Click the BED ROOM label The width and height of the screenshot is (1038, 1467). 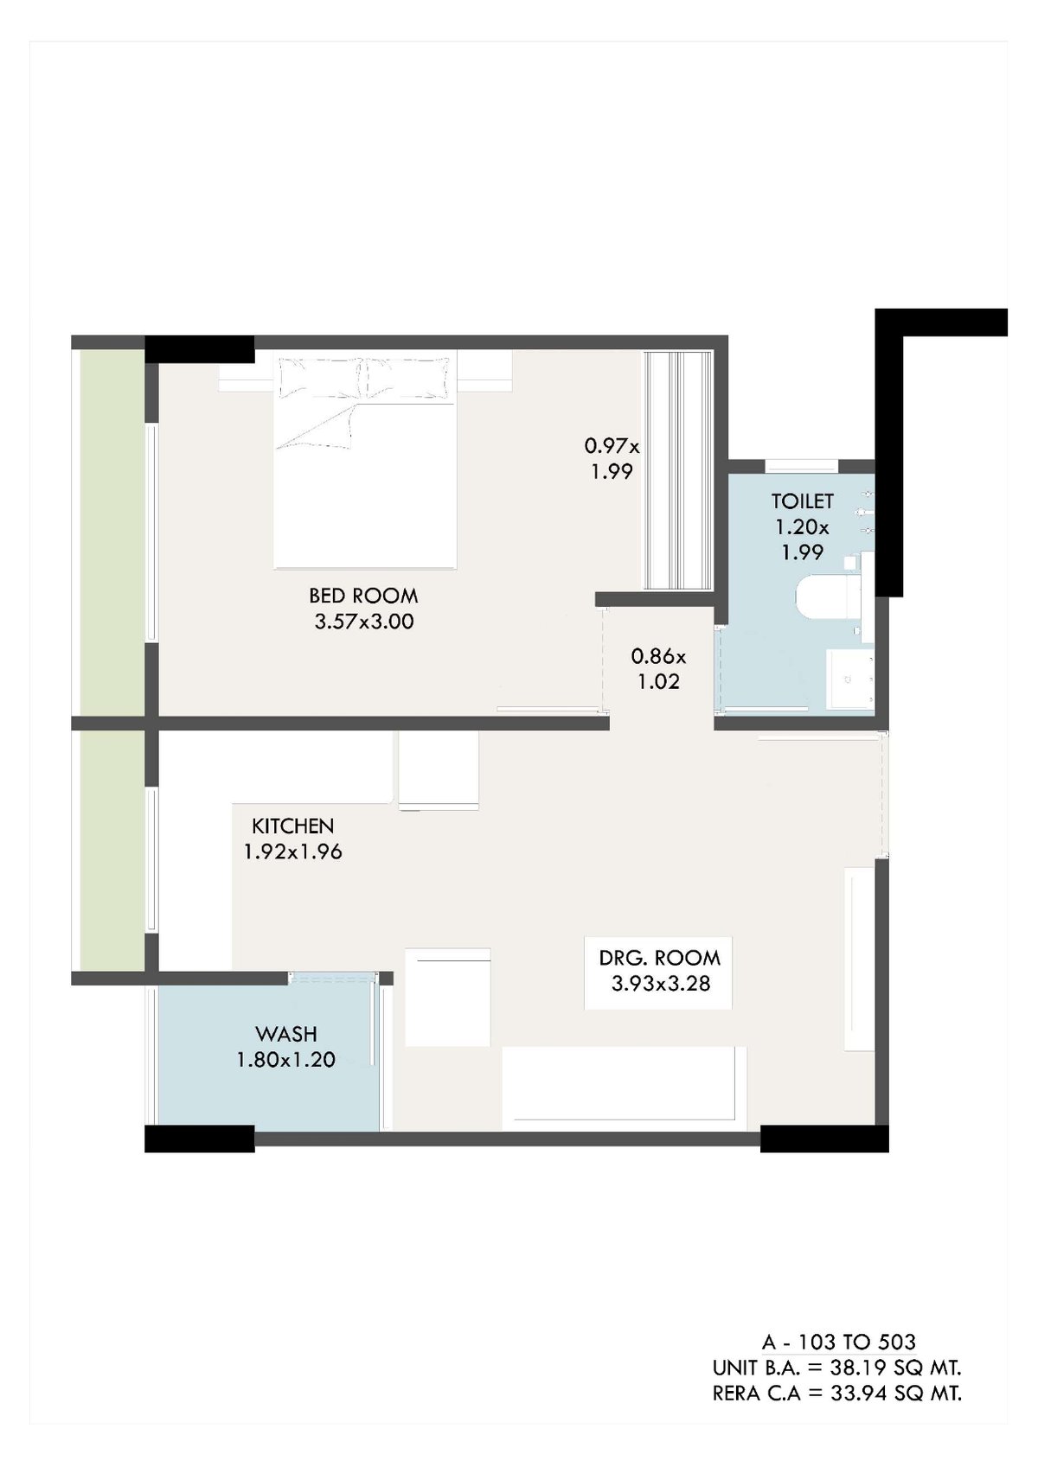coord(363,596)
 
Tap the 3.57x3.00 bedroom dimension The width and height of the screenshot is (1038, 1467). coord(363,621)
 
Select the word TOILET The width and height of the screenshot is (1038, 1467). coord(802,501)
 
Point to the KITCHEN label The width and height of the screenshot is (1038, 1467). coord(293,826)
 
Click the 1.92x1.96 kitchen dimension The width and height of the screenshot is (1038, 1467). coord(293,851)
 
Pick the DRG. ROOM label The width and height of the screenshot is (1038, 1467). coord(659,958)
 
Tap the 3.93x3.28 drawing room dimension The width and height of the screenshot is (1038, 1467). coord(661,983)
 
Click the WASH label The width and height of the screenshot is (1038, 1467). coord(286,1033)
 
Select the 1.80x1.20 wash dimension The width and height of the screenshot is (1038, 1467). coord(285,1059)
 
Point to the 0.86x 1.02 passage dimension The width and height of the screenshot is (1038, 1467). coord(658,668)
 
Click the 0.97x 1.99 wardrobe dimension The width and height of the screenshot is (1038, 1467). coord(612,458)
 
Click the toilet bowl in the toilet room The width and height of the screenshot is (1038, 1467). coord(829,596)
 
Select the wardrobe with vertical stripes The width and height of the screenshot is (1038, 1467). coord(678,470)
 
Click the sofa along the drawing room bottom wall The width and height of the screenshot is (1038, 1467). coord(625,1087)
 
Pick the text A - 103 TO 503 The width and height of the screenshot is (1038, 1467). coord(838,1342)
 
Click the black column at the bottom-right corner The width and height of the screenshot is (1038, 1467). coord(824,1139)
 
